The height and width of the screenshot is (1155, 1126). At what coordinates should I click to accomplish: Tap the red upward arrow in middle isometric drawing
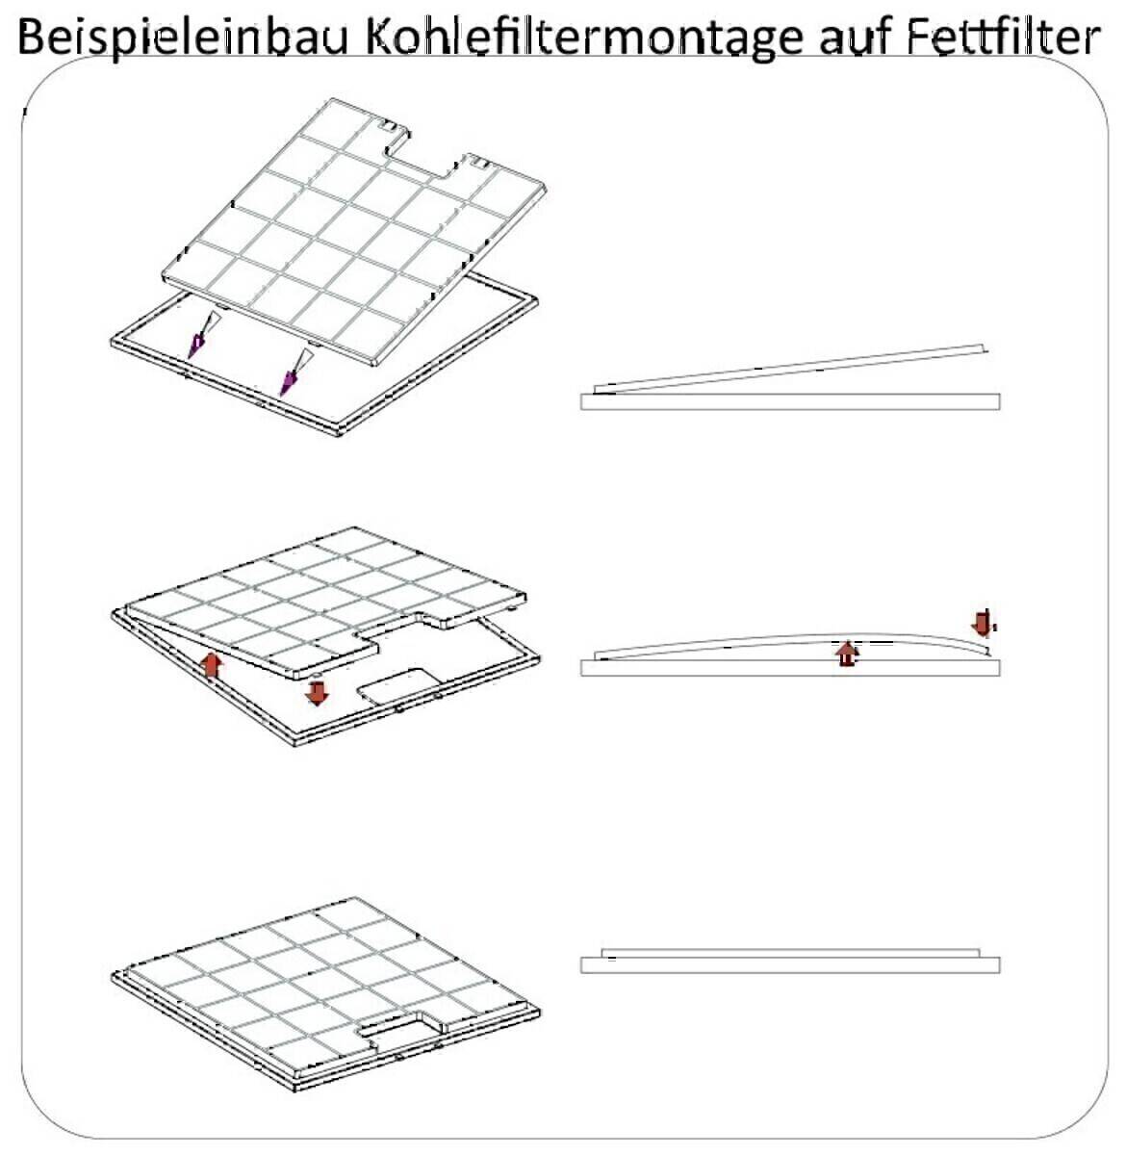(x=213, y=665)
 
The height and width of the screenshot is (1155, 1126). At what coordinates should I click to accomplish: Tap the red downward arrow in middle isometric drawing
(x=317, y=691)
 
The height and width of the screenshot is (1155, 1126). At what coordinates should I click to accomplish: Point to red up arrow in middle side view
(x=846, y=654)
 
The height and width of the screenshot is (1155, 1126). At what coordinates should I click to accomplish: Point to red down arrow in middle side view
(x=982, y=622)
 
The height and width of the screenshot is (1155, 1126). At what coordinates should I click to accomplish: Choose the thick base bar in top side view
(x=789, y=401)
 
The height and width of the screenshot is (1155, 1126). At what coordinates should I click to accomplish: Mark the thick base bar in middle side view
(x=789, y=668)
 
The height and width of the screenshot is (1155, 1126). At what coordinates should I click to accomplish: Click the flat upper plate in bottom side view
(x=789, y=953)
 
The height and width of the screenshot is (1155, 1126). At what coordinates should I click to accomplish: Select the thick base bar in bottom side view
(x=789, y=965)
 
